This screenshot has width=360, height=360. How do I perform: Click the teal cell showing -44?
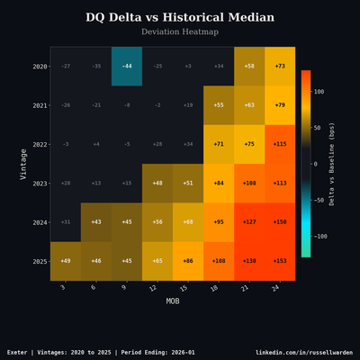[x=127, y=67]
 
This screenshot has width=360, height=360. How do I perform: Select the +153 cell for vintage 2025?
[x=280, y=261]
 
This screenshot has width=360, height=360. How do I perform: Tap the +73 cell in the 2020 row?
[x=280, y=67]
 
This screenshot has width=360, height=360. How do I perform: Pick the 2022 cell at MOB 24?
[x=280, y=144]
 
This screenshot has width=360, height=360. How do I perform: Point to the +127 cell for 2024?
[x=249, y=222]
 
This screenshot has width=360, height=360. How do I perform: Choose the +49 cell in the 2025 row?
[x=66, y=261]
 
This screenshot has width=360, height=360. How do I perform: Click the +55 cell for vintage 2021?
[x=219, y=105]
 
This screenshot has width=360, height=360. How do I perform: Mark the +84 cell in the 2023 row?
[x=219, y=183]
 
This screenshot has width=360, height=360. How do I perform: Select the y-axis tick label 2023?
[x=40, y=183]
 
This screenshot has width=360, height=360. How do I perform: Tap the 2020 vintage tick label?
[x=40, y=67]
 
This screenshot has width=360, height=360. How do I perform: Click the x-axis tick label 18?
[x=218, y=288]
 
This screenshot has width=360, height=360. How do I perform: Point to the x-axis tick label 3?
[x=63, y=288]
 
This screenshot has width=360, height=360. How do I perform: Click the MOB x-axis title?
[x=173, y=301]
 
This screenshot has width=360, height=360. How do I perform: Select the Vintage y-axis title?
[x=24, y=164]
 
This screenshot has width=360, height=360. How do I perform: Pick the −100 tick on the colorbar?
[x=320, y=237]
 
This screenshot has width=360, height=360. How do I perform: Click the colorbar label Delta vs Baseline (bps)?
[x=332, y=164]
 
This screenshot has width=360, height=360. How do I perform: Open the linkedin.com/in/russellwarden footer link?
[x=304, y=352]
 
